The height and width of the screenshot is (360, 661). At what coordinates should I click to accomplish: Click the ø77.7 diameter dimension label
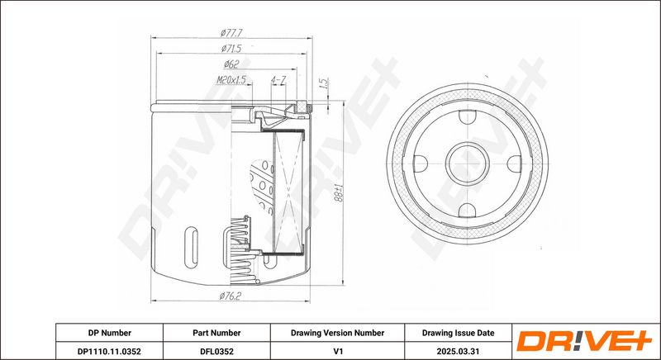coord(231,32)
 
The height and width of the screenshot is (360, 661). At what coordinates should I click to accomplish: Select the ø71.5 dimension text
coord(231,49)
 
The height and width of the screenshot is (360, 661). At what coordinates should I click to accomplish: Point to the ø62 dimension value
coord(231,64)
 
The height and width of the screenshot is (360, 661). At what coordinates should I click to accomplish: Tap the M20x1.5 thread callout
coord(231,79)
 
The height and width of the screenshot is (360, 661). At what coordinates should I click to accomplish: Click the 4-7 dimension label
coord(278,79)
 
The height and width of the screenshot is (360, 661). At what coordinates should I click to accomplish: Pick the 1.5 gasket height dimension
coord(324,83)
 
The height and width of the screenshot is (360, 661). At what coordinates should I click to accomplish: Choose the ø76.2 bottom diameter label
coord(230,296)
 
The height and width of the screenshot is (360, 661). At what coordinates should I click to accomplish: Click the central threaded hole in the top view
coord(468,163)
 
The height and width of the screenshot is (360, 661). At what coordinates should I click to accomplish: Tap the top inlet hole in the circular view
coord(468,116)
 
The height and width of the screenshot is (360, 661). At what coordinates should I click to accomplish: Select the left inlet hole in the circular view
coord(421,163)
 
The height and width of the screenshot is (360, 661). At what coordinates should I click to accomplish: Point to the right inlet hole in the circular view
coord(514,163)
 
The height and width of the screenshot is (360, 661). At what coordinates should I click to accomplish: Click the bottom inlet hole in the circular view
coord(468,210)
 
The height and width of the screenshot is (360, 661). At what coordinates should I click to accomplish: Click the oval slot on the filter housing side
coord(192,248)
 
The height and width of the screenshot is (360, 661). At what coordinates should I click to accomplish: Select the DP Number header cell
coord(110,333)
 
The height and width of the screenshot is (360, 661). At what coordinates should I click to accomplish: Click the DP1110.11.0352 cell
coord(110,351)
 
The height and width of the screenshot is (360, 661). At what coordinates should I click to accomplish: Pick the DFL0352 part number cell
coord(216,351)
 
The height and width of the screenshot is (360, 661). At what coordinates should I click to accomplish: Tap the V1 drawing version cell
coord(337,351)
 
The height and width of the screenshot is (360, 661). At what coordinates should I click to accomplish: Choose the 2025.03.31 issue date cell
coord(459,351)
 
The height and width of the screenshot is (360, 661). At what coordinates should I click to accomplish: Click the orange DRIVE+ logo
coord(584,341)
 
